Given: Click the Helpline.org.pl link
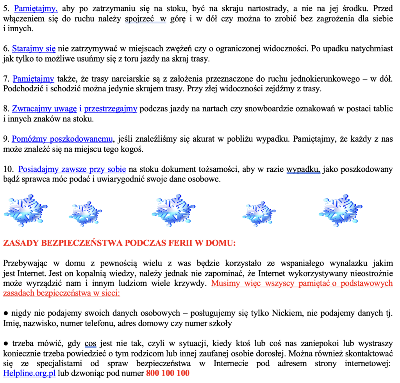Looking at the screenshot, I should coord(29,373).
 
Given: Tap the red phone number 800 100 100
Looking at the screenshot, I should coord(168,373).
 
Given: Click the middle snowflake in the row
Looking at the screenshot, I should coord(173,211).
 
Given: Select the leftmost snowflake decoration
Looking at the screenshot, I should coord(25,211).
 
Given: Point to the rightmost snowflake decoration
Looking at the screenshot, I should coord(340,211).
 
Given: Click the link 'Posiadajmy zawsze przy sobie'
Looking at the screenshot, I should coord(72,169).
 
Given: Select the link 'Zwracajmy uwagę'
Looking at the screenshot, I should coord(44,109).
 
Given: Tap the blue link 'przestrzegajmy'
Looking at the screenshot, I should coord(111,109).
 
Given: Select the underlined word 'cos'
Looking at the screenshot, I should coord(90,344).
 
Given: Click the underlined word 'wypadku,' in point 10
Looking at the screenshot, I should coord(303,169).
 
